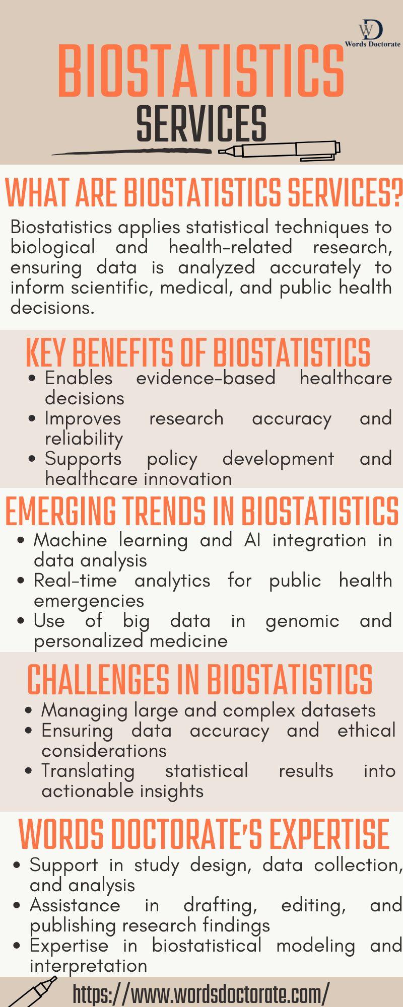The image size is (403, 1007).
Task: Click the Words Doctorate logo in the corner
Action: point(373,33)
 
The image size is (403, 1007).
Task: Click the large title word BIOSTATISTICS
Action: point(201,71)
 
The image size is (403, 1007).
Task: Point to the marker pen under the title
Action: point(280,150)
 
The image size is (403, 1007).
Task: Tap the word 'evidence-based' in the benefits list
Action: point(206,378)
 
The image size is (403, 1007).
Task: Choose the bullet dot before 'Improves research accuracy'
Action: point(33,418)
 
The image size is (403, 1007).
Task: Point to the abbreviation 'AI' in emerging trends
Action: point(252,540)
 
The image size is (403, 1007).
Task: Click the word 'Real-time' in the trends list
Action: point(75,580)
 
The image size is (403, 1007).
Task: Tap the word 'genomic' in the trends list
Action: point(302,621)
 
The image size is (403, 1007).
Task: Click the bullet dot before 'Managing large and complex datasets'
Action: point(29,710)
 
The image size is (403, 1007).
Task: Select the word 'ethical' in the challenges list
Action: point(367,730)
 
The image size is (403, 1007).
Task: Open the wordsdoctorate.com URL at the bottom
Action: point(201,993)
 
